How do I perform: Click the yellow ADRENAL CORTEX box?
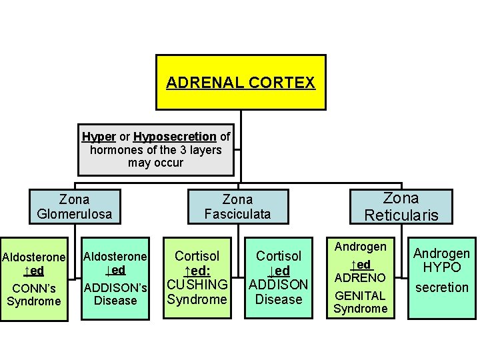pyautogui.click(x=241, y=82)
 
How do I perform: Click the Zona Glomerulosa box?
pyautogui.click(x=74, y=207)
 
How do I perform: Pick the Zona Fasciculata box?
pyautogui.click(x=237, y=207)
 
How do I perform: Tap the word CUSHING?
pyautogui.click(x=197, y=285)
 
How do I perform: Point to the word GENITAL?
pyautogui.click(x=361, y=295)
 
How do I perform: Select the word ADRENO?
pyautogui.click(x=361, y=277)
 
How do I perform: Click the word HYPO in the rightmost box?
pyautogui.click(x=442, y=267)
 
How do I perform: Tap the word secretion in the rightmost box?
pyautogui.click(x=442, y=287)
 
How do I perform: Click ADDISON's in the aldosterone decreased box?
pyautogui.click(x=115, y=287)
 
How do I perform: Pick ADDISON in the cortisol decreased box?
pyautogui.click(x=279, y=285)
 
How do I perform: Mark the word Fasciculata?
pyautogui.click(x=237, y=214)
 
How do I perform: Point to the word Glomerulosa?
pyautogui.click(x=74, y=214)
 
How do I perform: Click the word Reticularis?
pyautogui.click(x=401, y=215)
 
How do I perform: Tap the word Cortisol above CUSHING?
pyautogui.click(x=197, y=256)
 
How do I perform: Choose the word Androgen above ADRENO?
pyautogui.click(x=361, y=247)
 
